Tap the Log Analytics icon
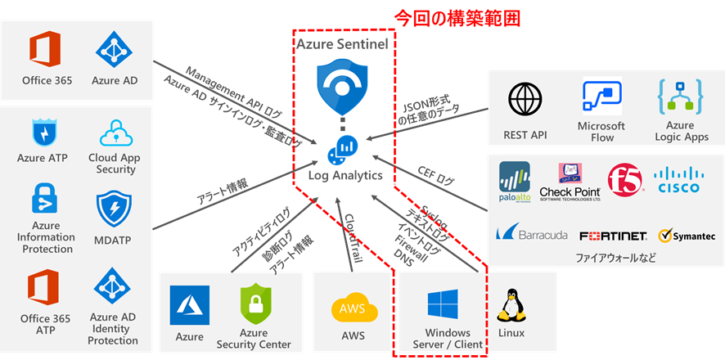tap(343, 148)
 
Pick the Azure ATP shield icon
tap(43, 133)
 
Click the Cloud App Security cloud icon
tap(115, 133)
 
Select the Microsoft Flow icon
tap(601, 97)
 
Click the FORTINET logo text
tap(613, 236)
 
